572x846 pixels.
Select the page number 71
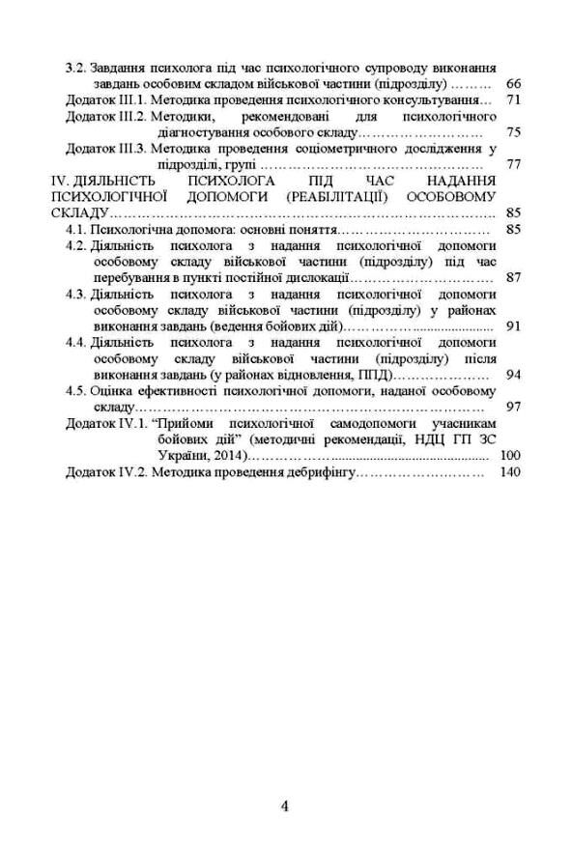pyautogui.click(x=513, y=99)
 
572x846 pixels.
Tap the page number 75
pyautogui.click(x=513, y=132)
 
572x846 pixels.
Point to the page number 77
pyautogui.click(x=513, y=164)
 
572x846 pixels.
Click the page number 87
pyautogui.click(x=513, y=277)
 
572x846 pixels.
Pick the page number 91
pyautogui.click(x=513, y=325)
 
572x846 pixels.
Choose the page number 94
pyautogui.click(x=513, y=374)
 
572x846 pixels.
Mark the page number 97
pyautogui.click(x=513, y=407)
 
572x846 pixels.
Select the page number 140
pyautogui.click(x=508, y=472)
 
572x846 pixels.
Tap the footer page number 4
pyautogui.click(x=285, y=806)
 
